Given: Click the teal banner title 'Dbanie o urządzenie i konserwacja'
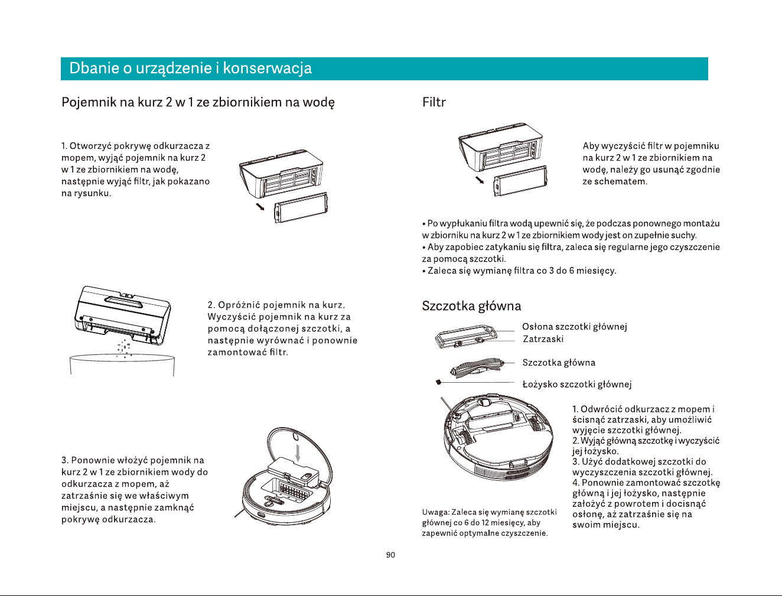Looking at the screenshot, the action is tap(190, 68).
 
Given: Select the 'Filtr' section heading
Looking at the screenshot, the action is tap(434, 102).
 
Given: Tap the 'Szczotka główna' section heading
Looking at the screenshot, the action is tap(471, 305).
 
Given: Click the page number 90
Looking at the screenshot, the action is tap(390, 555).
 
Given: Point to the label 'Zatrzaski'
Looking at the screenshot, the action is tap(543, 339).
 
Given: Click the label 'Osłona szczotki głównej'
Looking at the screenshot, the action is tap(575, 327).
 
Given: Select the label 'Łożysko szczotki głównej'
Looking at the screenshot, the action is tap(577, 384).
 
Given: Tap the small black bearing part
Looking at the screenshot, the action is tap(439, 382).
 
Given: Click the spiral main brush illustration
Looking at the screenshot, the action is tap(477, 367).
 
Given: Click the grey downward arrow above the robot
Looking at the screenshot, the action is tap(298, 452).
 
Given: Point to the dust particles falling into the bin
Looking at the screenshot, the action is tap(124, 348).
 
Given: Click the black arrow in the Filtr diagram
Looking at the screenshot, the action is tap(480, 179).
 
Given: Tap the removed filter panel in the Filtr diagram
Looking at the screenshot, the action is tap(520, 181).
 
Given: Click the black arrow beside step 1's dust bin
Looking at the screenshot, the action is tap(260, 206).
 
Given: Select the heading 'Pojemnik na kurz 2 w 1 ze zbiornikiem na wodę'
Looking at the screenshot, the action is tap(198, 103).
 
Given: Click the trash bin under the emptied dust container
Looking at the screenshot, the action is tap(122, 364).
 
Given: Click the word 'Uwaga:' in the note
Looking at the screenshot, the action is tap(435, 512).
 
